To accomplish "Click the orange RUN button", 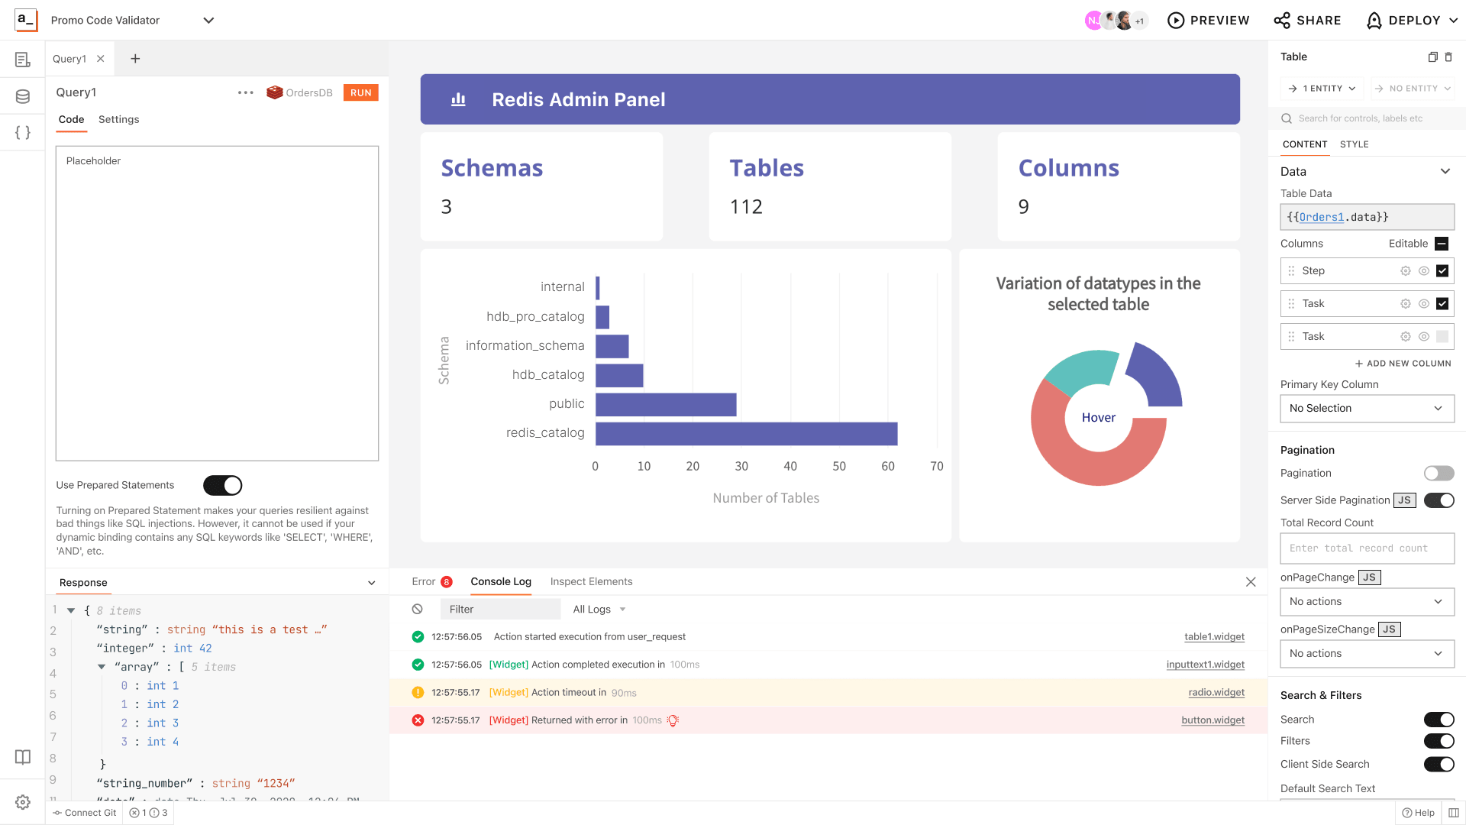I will pyautogui.click(x=360, y=92).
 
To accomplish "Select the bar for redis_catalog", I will pyautogui.click(x=746, y=433).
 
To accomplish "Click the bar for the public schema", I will pyautogui.click(x=665, y=404).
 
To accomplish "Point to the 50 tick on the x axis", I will pyautogui.click(x=839, y=466).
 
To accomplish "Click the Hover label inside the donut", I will pyautogui.click(x=1098, y=417).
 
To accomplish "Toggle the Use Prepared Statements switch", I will pyautogui.click(x=222, y=485).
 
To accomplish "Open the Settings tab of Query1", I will pyautogui.click(x=118, y=119).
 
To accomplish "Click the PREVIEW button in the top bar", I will pyautogui.click(x=1209, y=21).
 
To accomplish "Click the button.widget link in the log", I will pyautogui.click(x=1213, y=720).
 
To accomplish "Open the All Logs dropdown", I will pyautogui.click(x=599, y=609).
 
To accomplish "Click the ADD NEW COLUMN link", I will pyautogui.click(x=1403, y=364).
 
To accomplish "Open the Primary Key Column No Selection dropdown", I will pyautogui.click(x=1366, y=408).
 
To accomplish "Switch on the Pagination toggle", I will pyautogui.click(x=1439, y=474).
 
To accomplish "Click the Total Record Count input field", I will pyautogui.click(x=1366, y=548).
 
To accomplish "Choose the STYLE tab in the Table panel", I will pyautogui.click(x=1354, y=144).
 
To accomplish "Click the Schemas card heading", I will pyautogui.click(x=492, y=168).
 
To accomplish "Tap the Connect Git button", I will pyautogui.click(x=85, y=813).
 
